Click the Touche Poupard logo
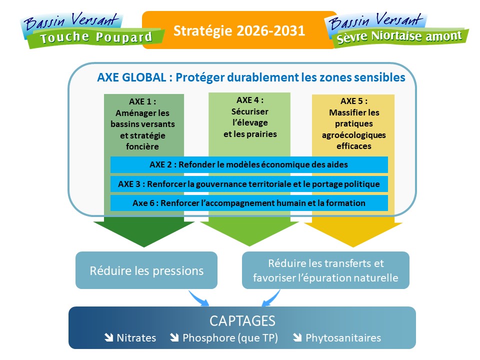click(92, 30)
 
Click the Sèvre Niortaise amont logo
click(396, 30)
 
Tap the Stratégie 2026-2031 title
click(239, 30)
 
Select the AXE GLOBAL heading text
click(251, 77)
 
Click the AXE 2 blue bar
click(249, 164)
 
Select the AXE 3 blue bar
click(249, 184)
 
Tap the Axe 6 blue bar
click(249, 203)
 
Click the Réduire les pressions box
click(146, 270)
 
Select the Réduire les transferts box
click(325, 270)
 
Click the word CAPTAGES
click(242, 321)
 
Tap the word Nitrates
click(136, 337)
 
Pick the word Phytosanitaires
click(343, 338)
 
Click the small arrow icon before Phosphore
click(174, 337)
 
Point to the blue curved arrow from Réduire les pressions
click(199, 298)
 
